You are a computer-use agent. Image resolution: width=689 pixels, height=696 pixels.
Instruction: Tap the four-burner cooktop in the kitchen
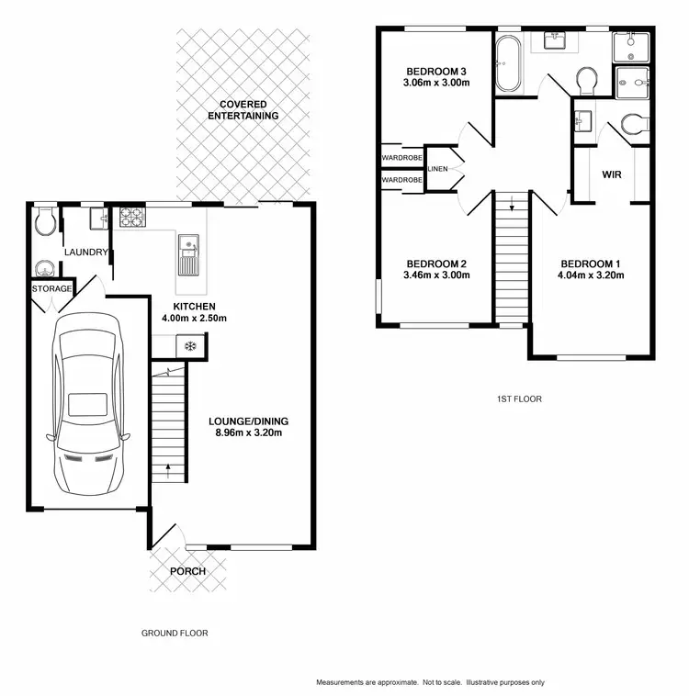pos(132,218)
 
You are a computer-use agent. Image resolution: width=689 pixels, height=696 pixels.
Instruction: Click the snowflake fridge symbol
pos(190,346)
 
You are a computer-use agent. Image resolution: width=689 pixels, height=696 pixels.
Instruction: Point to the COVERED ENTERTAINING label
pos(243,109)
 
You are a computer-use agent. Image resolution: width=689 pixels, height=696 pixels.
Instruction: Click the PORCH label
pos(186,571)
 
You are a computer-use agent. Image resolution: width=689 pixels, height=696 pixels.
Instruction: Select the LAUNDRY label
pos(86,253)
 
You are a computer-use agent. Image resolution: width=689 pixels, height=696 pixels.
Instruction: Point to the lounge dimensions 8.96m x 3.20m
pos(250,432)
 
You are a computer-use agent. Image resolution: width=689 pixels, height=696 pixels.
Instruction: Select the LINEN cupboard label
pos(438,169)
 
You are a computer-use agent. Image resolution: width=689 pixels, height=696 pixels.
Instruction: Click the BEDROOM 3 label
pos(438,71)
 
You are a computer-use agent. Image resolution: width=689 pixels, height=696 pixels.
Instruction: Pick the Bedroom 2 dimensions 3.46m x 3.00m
pos(437,275)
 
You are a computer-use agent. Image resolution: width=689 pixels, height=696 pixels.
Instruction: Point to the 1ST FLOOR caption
pos(518,399)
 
